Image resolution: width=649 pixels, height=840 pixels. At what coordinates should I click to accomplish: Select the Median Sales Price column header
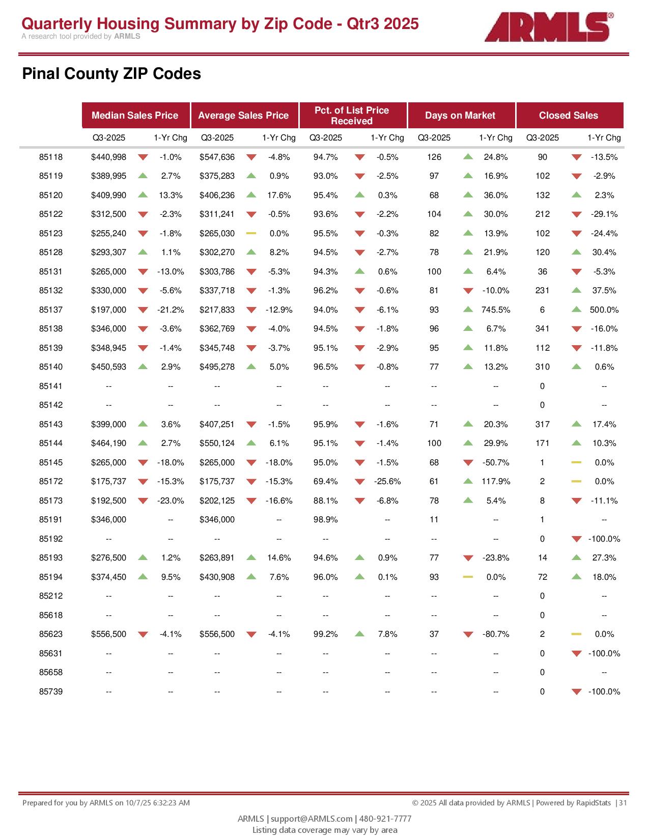135,116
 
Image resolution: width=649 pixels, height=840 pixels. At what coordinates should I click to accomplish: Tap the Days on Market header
460,116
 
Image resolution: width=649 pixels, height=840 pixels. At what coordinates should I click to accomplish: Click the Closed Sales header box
569,116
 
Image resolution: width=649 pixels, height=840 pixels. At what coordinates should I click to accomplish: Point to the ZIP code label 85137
51,310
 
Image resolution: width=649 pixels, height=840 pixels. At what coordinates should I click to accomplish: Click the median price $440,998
108,157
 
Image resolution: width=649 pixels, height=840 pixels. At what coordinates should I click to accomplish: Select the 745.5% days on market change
496,310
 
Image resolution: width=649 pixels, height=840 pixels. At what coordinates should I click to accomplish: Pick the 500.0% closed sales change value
604,310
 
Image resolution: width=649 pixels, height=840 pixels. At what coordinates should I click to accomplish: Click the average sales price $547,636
217,157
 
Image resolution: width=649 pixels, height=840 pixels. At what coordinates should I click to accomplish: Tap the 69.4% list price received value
325,482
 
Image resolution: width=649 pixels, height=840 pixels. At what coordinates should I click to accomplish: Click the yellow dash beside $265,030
251,234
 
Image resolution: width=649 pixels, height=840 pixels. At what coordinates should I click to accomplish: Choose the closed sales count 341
543,329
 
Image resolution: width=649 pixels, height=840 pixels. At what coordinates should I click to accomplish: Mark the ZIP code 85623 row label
51,634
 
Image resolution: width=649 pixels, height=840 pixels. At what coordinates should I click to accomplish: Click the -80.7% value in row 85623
496,634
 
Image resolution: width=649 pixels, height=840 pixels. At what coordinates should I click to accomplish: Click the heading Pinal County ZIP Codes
111,74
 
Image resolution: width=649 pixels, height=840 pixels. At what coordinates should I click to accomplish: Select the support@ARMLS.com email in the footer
312,819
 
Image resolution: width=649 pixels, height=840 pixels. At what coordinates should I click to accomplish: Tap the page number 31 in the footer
623,803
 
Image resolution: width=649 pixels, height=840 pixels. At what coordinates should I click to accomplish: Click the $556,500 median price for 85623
108,634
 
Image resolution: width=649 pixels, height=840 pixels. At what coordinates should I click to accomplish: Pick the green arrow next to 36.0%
468,195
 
